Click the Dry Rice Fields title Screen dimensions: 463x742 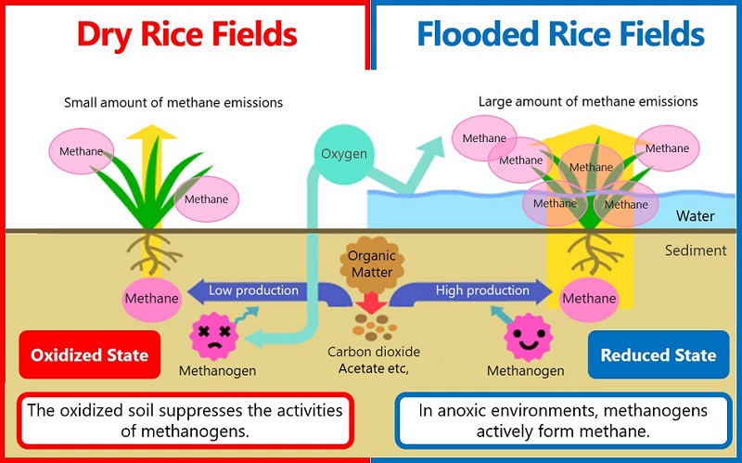(x=186, y=35)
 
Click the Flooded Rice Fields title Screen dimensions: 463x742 (x=560, y=35)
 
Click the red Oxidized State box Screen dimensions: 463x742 (x=90, y=354)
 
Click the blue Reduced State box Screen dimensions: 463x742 (x=658, y=354)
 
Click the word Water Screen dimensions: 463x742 (x=695, y=216)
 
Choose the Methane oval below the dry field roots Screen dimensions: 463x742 (x=150, y=299)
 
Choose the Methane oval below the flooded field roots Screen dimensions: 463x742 (x=588, y=299)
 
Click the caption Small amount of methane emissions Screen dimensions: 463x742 (x=173, y=102)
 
